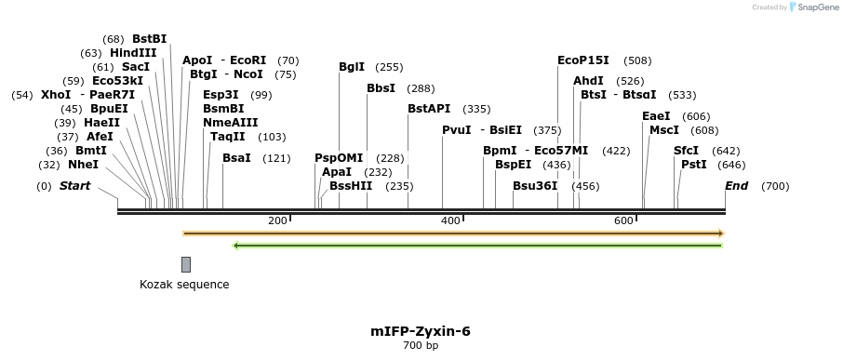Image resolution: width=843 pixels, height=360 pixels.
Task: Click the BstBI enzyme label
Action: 149,39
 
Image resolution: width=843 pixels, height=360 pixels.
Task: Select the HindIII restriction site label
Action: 133,53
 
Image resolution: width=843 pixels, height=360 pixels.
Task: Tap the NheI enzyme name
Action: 83,165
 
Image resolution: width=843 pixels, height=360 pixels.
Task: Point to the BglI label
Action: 352,67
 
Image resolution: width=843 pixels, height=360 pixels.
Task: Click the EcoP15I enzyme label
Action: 583,60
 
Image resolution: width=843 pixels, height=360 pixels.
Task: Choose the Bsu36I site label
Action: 535,185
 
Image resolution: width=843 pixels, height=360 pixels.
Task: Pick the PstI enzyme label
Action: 694,165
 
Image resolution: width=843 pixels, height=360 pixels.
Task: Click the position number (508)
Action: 637,60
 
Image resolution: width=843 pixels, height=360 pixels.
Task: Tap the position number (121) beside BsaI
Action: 276,158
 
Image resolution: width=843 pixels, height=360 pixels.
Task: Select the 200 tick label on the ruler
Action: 277,220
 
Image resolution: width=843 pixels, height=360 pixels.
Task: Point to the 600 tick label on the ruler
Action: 623,220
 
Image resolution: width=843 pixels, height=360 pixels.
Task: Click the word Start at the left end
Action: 74,186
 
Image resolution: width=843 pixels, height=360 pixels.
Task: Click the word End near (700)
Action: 736,186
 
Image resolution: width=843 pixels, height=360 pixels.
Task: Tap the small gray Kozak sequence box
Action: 186,264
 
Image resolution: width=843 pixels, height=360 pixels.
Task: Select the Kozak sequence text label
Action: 184,285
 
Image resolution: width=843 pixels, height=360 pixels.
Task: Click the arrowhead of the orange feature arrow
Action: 720,233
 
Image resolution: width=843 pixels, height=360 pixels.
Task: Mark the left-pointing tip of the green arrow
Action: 236,246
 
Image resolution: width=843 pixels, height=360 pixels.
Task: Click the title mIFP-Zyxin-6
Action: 421,331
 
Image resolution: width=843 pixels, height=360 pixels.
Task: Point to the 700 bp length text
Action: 421,346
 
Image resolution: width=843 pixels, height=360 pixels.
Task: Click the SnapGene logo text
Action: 816,7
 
